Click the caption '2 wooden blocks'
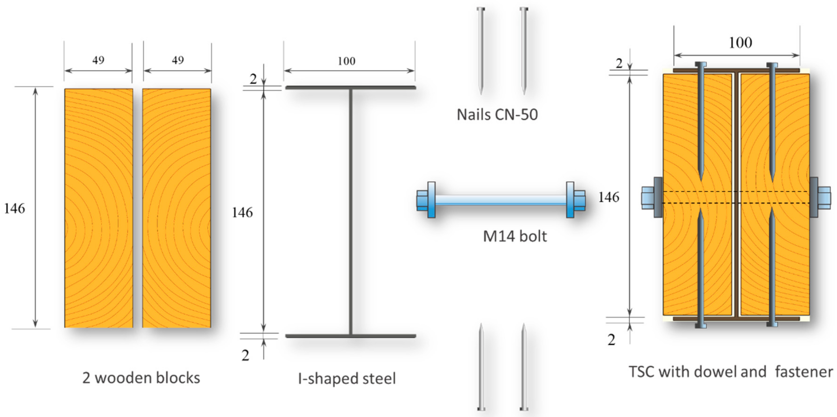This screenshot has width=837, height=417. tap(141, 378)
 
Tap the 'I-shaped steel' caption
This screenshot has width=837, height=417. tap(347, 378)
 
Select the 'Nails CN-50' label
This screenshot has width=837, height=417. tap(497, 115)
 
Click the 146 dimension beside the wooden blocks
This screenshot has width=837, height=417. tap(14, 208)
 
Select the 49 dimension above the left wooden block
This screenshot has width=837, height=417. tap(98, 60)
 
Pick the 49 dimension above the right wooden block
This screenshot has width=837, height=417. tap(177, 60)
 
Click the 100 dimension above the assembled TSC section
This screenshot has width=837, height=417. tap(740, 43)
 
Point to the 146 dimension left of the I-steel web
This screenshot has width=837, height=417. tap(242, 213)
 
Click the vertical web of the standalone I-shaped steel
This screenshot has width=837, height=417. tap(351, 211)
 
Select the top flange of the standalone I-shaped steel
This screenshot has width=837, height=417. tap(351, 87)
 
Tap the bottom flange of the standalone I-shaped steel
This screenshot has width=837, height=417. tap(351, 336)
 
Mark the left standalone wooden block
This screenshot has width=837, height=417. tap(98, 208)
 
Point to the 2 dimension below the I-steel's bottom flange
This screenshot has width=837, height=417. tap(245, 356)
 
